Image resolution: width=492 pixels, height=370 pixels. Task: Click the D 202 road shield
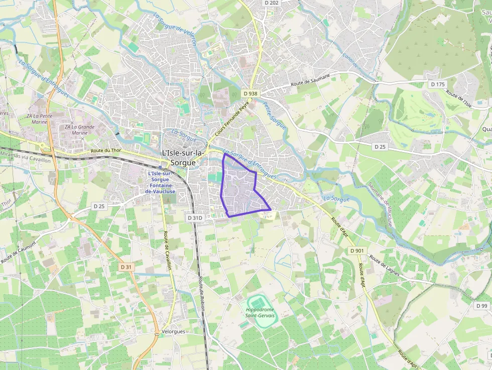click(271, 3)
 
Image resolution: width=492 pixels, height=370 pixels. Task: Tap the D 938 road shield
click(250, 93)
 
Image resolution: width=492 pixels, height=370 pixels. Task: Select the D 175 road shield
click(438, 84)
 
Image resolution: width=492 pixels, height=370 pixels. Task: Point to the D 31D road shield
click(195, 218)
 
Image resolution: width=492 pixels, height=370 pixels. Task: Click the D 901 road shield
click(356, 251)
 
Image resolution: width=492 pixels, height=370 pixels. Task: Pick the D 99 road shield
click(481, 306)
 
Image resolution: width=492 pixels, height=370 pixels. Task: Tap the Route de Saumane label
click(311, 81)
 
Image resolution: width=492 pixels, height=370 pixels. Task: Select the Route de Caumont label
click(19, 253)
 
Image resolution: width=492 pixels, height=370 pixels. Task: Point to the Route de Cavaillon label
click(167, 251)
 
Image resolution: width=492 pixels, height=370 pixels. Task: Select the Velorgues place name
click(174, 332)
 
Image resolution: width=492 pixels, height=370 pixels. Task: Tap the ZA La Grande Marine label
click(79, 130)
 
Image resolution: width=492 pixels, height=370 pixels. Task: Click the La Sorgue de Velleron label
click(175, 30)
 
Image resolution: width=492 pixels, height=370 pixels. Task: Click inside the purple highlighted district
click(240, 191)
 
